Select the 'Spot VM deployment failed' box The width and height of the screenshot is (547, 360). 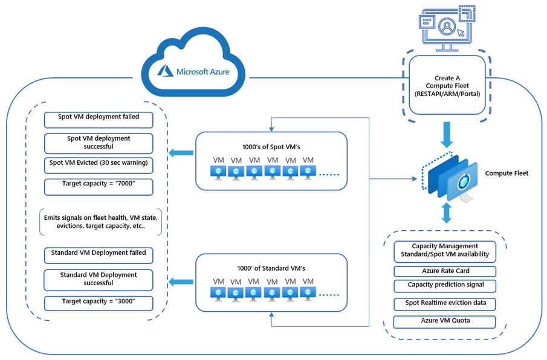click(x=99, y=118)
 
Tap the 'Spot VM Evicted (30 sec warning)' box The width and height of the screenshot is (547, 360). click(x=99, y=164)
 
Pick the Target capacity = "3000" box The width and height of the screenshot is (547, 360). click(x=99, y=302)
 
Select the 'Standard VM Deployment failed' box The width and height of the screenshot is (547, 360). click(x=99, y=254)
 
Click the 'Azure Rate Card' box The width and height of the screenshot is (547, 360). click(x=444, y=271)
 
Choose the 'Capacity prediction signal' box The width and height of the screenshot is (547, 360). click(x=444, y=285)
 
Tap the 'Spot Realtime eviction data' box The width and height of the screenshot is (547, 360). click(x=444, y=303)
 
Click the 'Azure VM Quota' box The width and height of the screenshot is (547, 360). click(x=444, y=321)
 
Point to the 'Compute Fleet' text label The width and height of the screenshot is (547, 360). click(x=507, y=173)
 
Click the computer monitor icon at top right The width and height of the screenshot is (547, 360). click(x=447, y=28)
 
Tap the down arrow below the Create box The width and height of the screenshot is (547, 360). click(x=447, y=133)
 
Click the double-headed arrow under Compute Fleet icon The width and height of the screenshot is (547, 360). click(x=447, y=213)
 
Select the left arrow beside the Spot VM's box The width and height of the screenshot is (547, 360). click(x=177, y=152)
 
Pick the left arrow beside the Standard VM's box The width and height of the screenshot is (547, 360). click(x=177, y=281)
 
